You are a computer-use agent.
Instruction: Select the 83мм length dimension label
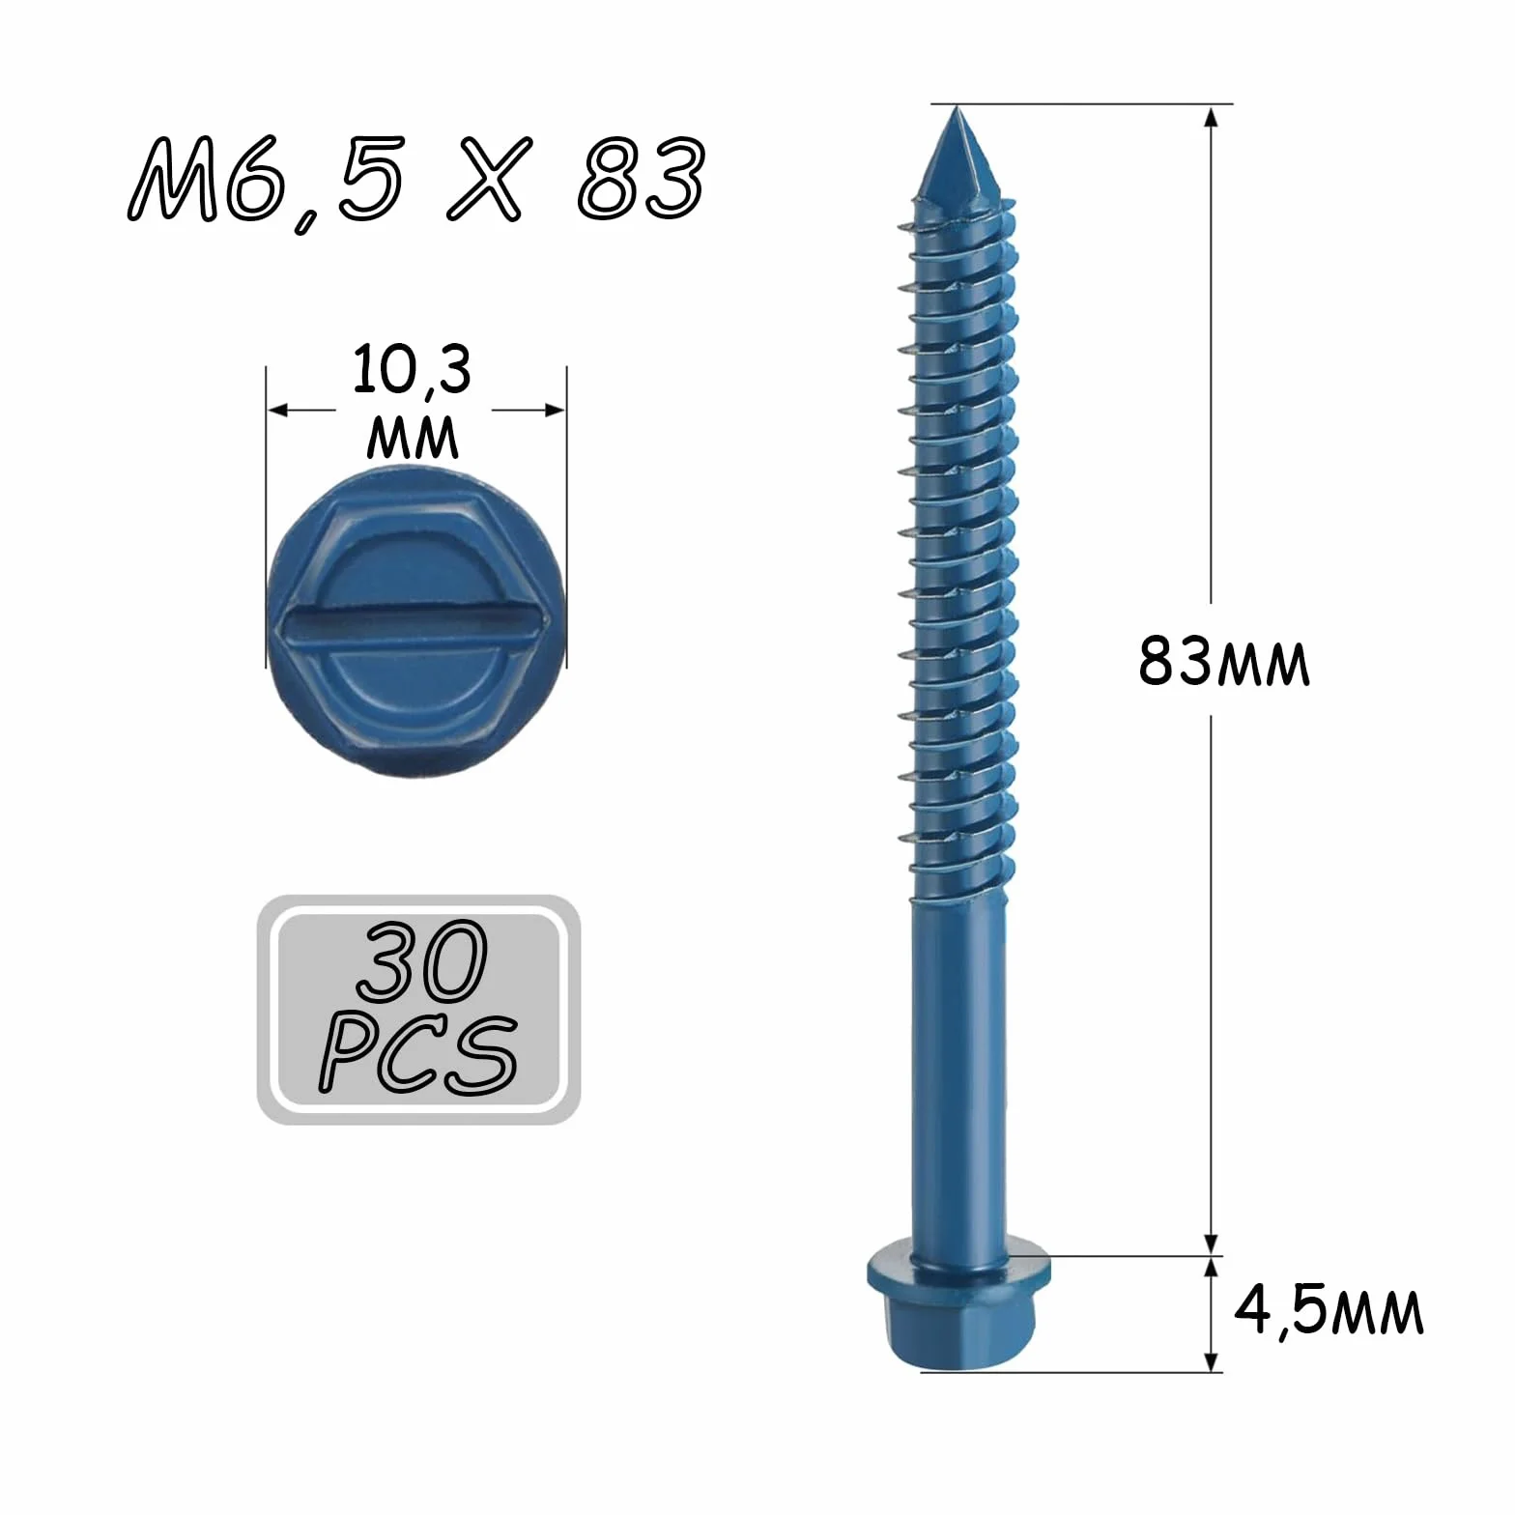(x=1223, y=662)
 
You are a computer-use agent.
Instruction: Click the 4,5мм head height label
(x=1329, y=1311)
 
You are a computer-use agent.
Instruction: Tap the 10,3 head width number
(x=412, y=370)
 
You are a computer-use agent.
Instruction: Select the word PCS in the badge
(x=418, y=1052)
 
